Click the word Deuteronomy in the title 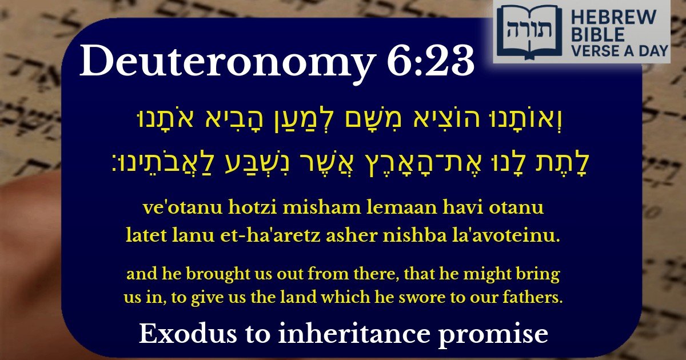point(225,62)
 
